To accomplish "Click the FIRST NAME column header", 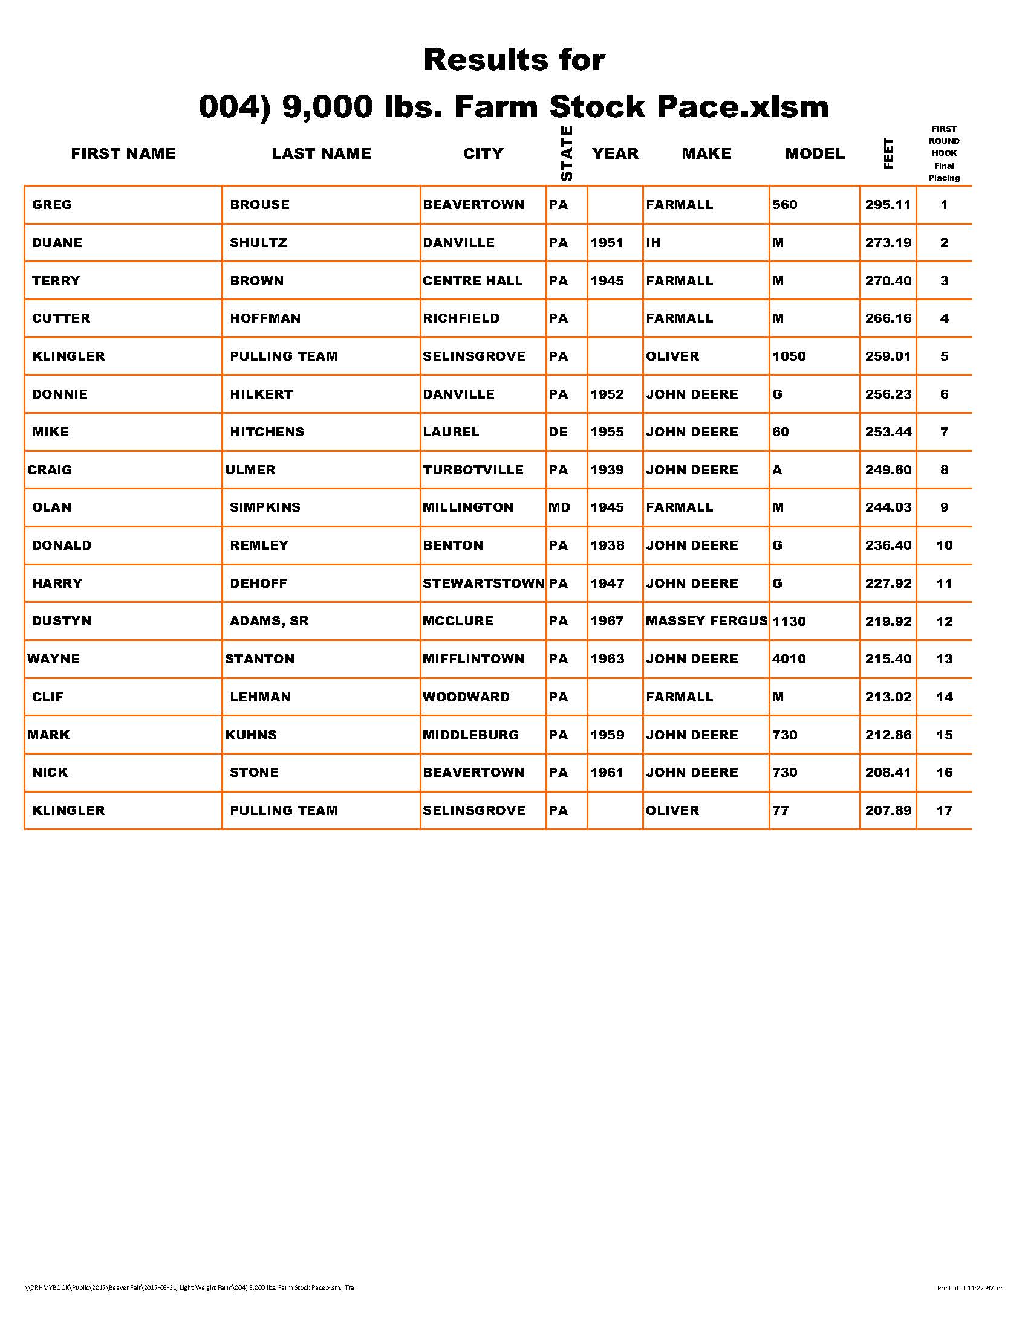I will (x=123, y=153).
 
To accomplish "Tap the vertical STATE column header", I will (x=567, y=153).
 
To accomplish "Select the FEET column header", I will (x=888, y=153).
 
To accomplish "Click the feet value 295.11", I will (x=888, y=204).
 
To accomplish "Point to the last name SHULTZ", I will (x=258, y=243).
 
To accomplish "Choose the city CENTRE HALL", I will (x=473, y=280).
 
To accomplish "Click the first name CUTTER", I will (x=61, y=318).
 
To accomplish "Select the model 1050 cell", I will (x=789, y=356).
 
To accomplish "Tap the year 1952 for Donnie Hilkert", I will (x=607, y=394).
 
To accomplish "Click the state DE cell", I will (x=558, y=432).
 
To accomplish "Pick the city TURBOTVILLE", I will (x=473, y=470).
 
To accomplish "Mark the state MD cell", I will (x=559, y=507).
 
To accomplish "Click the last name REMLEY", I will (x=259, y=545).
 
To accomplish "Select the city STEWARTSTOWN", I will (x=484, y=583).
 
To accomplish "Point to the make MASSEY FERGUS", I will (x=706, y=620).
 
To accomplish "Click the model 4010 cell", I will (x=789, y=659).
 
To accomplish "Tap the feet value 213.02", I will (x=888, y=697).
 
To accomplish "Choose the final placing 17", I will (x=944, y=811).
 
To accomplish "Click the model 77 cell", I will (x=780, y=811).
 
